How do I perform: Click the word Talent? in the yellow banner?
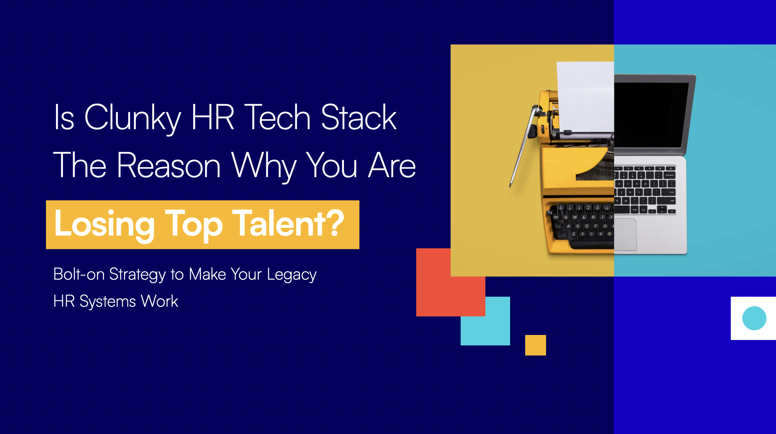[x=288, y=224]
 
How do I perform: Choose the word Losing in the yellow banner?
[x=104, y=225]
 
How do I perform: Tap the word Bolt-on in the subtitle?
[x=79, y=274]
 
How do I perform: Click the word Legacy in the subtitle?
[x=291, y=275]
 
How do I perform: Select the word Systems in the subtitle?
[x=107, y=302]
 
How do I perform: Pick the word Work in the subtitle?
[x=159, y=301]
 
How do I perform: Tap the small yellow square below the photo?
[x=535, y=345]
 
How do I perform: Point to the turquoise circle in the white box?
[x=754, y=318]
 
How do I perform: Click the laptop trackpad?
[x=625, y=234]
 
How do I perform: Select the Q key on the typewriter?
[x=566, y=217]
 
